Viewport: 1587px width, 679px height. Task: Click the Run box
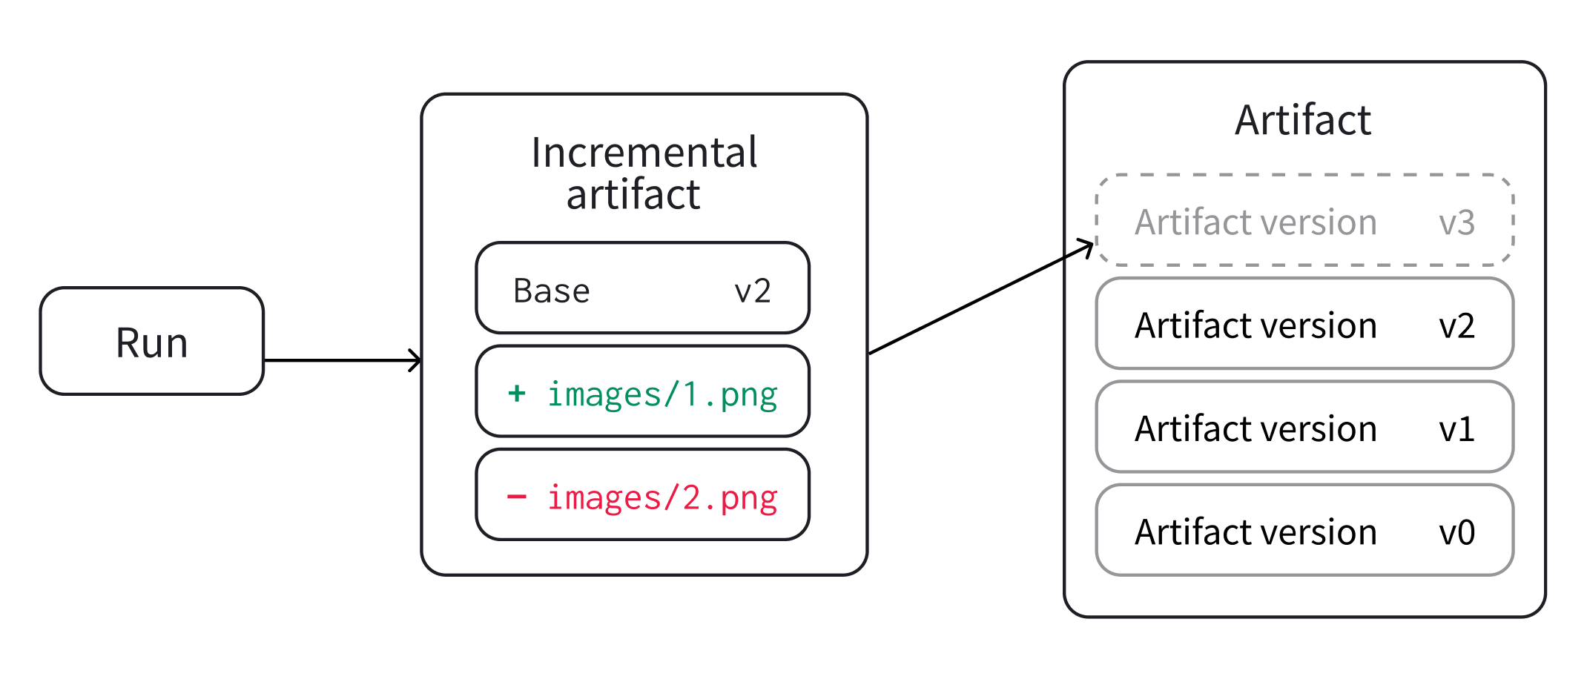tap(152, 342)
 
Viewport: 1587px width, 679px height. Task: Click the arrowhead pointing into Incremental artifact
tap(416, 361)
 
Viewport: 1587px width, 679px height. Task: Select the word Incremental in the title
tap(644, 153)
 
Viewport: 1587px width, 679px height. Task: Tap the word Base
tap(551, 291)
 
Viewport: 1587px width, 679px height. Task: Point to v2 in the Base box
tap(752, 291)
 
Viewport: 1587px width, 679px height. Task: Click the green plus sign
tap(517, 393)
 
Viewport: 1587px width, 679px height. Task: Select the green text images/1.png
tap(661, 394)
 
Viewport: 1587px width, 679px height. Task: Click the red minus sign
tap(517, 496)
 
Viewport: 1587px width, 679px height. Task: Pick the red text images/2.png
tap(661, 497)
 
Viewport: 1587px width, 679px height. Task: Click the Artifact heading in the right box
tap(1303, 120)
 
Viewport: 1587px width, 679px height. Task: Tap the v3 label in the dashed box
tap(1456, 222)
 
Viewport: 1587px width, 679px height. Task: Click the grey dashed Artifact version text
tap(1256, 222)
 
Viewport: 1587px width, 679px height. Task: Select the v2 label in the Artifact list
tap(1456, 325)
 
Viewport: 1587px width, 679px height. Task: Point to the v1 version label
tap(1456, 428)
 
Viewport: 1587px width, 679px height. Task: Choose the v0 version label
tap(1456, 531)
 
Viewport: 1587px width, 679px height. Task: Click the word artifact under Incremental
tap(633, 195)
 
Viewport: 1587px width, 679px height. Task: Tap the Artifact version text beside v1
tap(1256, 428)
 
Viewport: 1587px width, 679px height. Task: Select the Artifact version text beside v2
tap(1256, 325)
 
